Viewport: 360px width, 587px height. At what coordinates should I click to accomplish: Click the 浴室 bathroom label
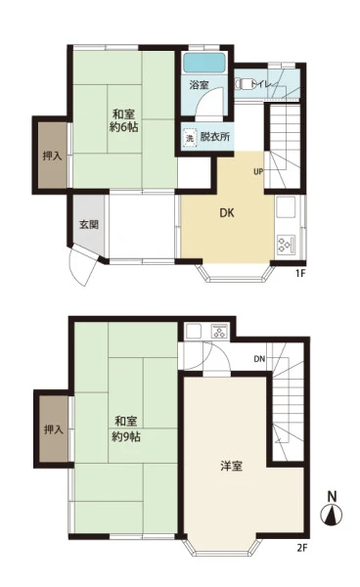[199, 85]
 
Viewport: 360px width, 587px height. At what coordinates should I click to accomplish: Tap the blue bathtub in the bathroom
[203, 63]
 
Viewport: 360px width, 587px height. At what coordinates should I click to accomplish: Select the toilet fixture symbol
[245, 83]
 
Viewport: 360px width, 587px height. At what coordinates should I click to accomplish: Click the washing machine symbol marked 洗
[190, 137]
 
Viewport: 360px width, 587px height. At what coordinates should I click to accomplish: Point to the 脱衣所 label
[215, 137]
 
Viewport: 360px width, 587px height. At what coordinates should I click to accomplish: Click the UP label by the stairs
[258, 172]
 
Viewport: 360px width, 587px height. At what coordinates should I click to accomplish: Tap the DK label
[226, 213]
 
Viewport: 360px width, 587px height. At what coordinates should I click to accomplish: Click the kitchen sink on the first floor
[286, 208]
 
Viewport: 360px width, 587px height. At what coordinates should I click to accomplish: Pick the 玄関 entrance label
[89, 224]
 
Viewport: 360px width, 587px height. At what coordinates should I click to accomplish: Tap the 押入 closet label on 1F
[53, 156]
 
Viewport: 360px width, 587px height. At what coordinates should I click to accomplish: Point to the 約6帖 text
[124, 127]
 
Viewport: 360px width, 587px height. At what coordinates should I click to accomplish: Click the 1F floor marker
[300, 273]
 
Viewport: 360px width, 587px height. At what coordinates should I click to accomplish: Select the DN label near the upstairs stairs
[259, 359]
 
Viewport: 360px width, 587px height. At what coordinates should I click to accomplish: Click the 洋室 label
[231, 466]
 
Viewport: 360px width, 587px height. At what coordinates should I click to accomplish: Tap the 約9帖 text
[126, 436]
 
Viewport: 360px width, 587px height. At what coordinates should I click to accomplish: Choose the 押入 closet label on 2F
[54, 429]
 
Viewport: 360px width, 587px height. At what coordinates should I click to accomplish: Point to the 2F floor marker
[302, 549]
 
